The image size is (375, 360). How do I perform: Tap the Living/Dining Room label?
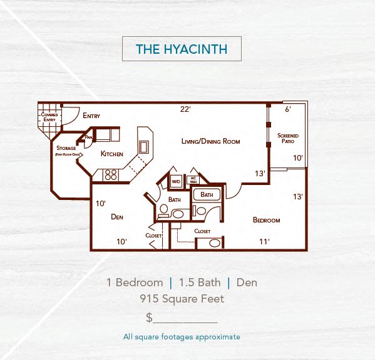click(210, 141)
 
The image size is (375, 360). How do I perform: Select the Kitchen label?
click(112, 154)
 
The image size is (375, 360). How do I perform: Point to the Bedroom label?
click(266, 220)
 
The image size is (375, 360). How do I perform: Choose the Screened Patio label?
click(288, 138)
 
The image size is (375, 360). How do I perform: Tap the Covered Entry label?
click(49, 117)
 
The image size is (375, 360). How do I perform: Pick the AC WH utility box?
click(193, 180)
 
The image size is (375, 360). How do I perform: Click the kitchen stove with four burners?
click(111, 175)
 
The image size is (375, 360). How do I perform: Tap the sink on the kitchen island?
click(143, 146)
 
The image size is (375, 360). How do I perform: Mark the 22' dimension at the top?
click(185, 109)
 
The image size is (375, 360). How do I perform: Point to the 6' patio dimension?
click(288, 109)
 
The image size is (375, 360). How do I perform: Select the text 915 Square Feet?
click(182, 299)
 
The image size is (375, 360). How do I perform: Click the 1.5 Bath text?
click(198, 282)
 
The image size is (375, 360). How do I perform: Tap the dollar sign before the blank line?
click(149, 317)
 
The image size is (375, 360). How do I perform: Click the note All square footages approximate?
click(182, 337)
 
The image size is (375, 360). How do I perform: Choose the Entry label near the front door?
click(91, 116)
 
